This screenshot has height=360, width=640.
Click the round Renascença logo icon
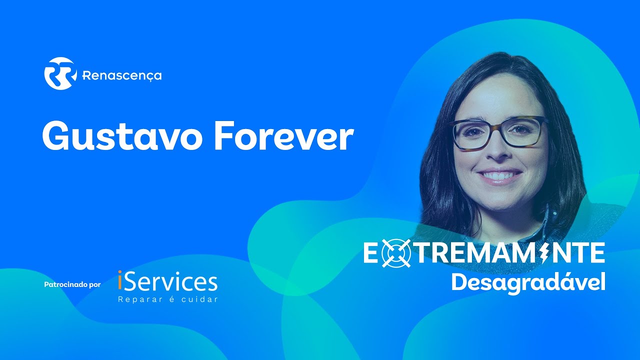point(60,73)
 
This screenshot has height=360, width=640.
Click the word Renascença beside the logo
point(121,76)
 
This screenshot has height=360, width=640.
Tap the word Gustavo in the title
point(123,136)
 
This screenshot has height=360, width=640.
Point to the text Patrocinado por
point(72,285)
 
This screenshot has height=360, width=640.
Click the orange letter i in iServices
point(119,281)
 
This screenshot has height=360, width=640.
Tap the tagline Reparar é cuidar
point(167,300)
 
